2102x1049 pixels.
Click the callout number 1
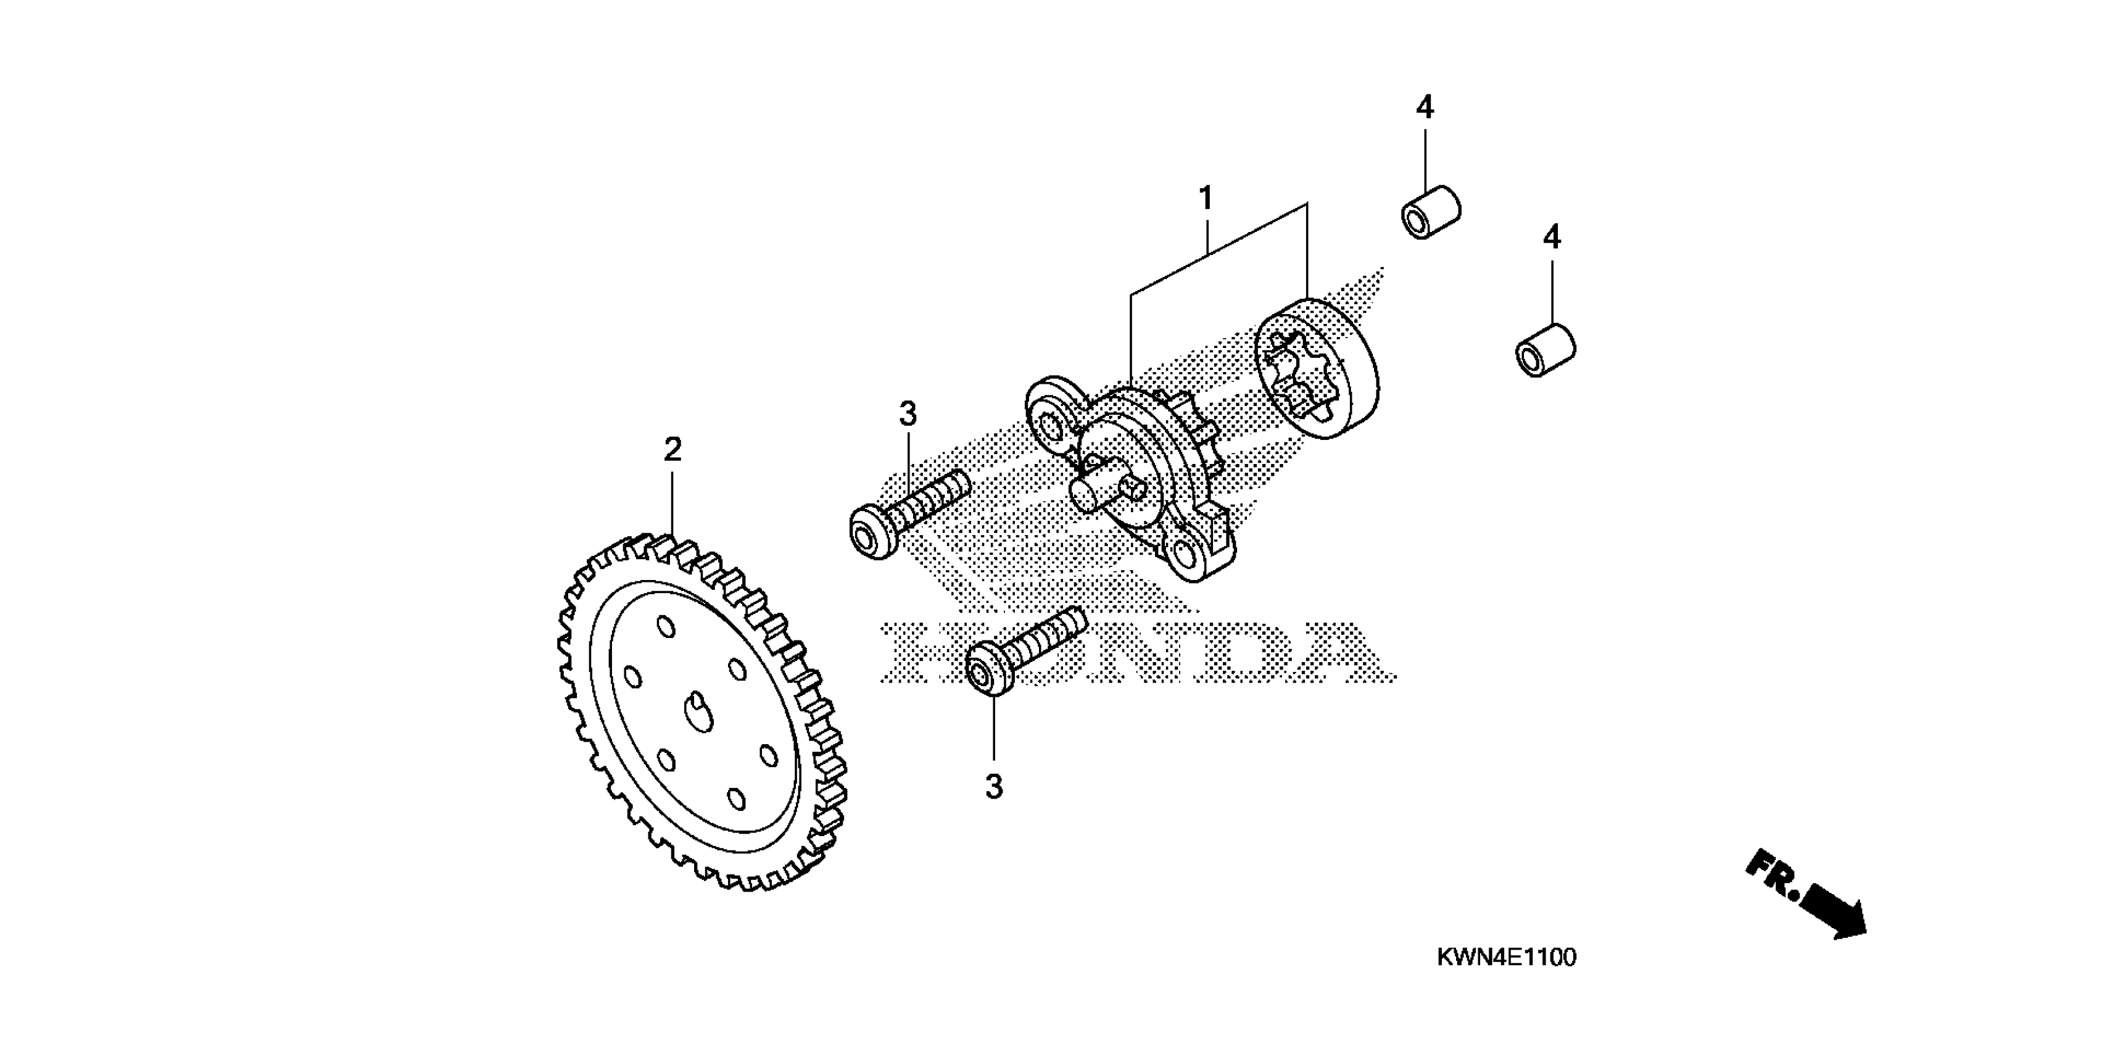click(1205, 198)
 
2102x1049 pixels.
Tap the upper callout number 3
click(908, 415)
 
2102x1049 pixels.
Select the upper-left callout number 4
click(1424, 107)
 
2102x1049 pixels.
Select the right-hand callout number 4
click(1551, 238)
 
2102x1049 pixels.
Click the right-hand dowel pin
click(1545, 351)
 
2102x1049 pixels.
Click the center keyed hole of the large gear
click(698, 713)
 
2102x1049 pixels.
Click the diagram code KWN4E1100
click(1505, 958)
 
